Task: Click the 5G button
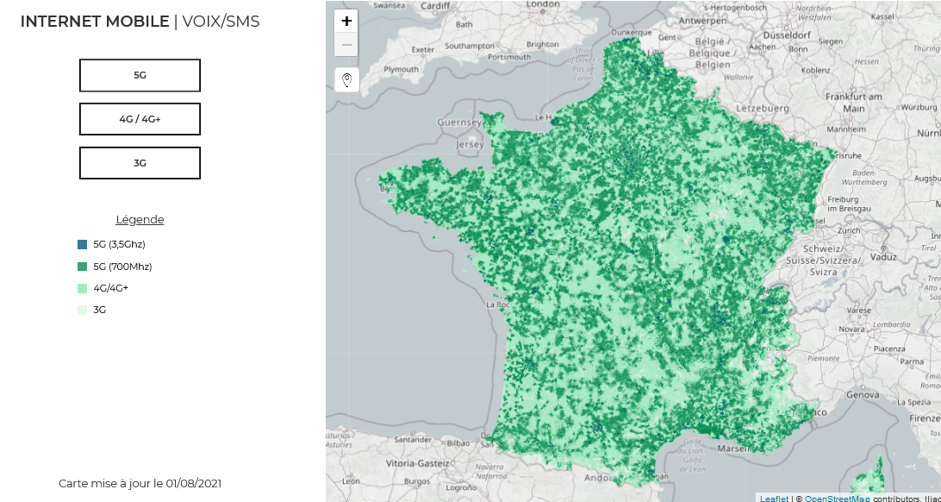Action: pos(140,75)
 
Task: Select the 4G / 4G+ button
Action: pos(140,119)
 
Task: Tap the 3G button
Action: pos(140,163)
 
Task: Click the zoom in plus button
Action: pos(346,22)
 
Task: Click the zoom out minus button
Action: pos(346,45)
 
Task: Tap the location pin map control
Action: pos(346,80)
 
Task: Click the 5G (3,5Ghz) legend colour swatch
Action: pos(82,245)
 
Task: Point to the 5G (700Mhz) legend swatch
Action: pos(82,267)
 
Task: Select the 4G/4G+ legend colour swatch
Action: pos(82,288)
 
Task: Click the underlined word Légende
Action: pos(140,220)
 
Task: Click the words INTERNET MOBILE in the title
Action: pos(95,22)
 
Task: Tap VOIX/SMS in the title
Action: pos(221,22)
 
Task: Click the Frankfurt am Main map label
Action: pos(853,103)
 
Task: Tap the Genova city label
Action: pos(863,394)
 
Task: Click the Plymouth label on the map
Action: pos(401,69)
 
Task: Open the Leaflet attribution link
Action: pos(774,499)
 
